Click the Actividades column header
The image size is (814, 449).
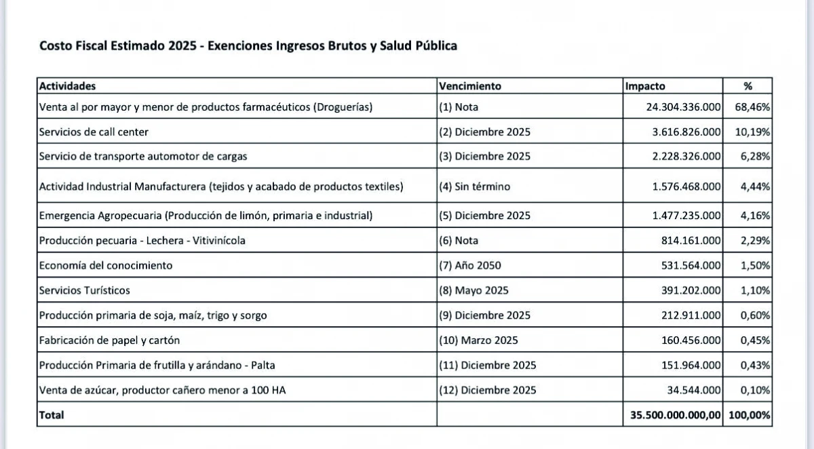pyautogui.click(x=67, y=86)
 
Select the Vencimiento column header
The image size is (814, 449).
pyautogui.click(x=470, y=86)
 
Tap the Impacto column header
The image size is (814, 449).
pyautogui.click(x=645, y=86)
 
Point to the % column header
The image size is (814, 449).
pyautogui.click(x=748, y=86)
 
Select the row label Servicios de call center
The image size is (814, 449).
pyautogui.click(x=94, y=132)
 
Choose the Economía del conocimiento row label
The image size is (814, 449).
pyautogui.click(x=106, y=265)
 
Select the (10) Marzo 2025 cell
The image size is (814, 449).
pyautogui.click(x=477, y=340)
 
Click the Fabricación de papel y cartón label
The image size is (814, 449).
pyautogui.click(x=109, y=340)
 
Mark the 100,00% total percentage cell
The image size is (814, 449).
pyautogui.click(x=749, y=414)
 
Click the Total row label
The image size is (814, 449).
pyautogui.click(x=52, y=414)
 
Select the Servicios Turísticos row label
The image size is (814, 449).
pyautogui.click(x=85, y=290)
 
